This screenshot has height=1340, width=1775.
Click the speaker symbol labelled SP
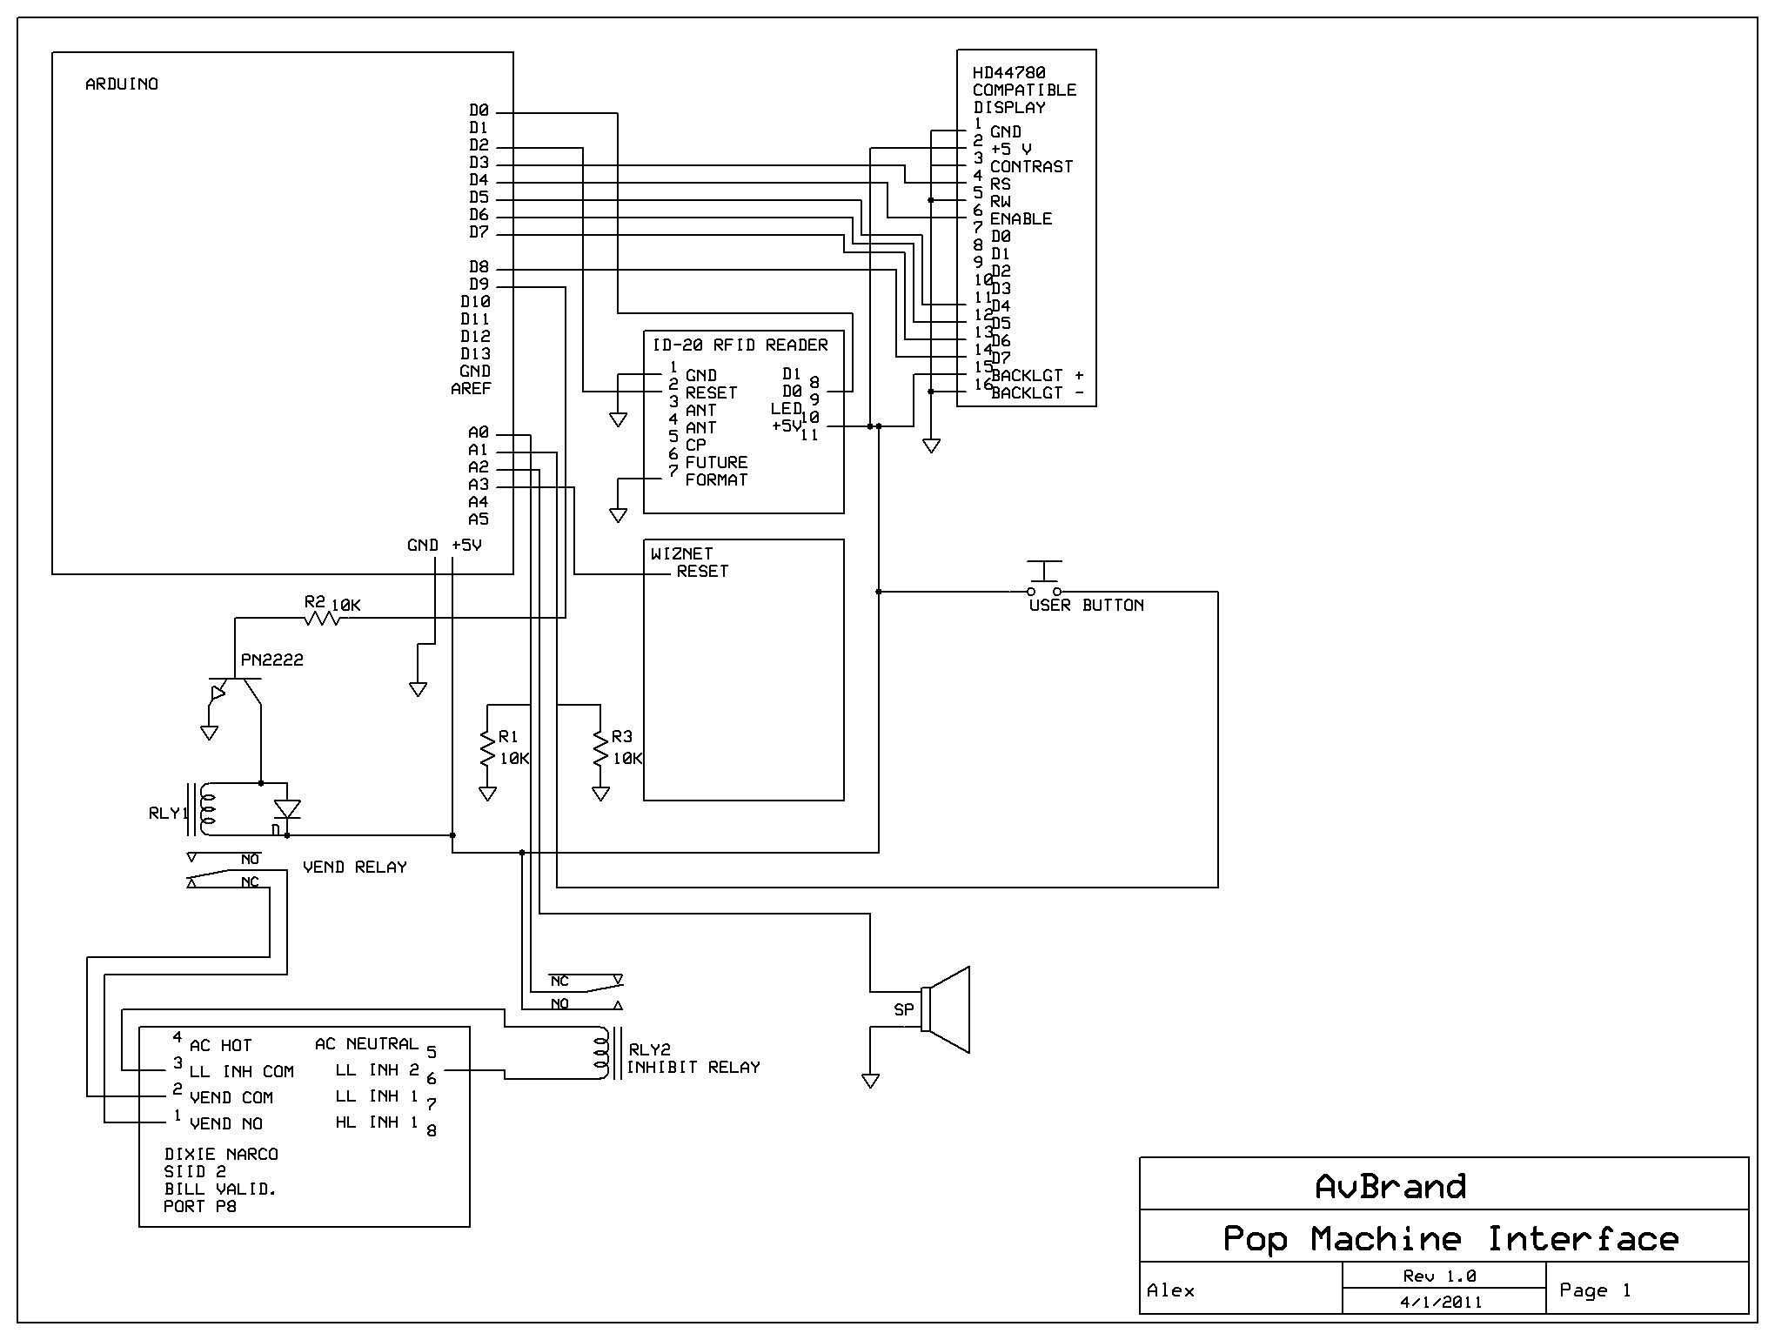click(947, 1009)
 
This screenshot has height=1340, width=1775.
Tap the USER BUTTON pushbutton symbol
click(1044, 579)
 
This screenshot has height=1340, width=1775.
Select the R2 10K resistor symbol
click(321, 618)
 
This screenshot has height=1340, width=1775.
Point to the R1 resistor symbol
click(487, 748)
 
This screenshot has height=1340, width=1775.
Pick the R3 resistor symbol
click(600, 748)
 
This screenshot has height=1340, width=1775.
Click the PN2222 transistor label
click(272, 660)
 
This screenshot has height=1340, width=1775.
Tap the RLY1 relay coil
click(206, 809)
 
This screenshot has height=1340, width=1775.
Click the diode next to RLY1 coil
click(287, 809)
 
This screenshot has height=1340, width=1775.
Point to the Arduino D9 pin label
click(479, 285)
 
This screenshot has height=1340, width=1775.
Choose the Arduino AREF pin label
click(471, 389)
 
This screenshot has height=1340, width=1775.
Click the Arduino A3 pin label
click(479, 485)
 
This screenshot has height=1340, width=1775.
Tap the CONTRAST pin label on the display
click(1031, 166)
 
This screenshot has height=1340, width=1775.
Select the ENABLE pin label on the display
click(1021, 218)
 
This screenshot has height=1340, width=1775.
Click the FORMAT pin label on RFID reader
click(716, 479)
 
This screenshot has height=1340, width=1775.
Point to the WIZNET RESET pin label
click(702, 572)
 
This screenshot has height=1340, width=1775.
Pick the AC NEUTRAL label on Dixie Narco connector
click(366, 1043)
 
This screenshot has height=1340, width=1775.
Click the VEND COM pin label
click(231, 1097)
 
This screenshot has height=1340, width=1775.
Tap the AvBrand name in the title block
click(1390, 1186)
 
